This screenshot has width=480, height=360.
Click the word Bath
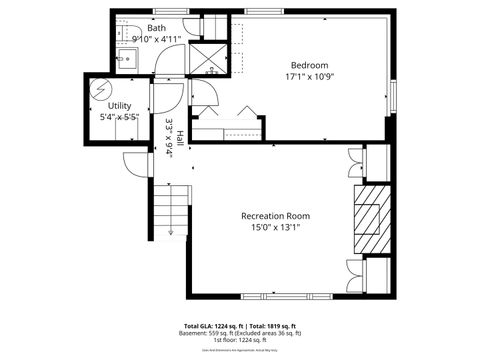click(x=157, y=28)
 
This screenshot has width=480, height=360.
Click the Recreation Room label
click(x=275, y=216)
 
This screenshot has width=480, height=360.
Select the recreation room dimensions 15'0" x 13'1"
click(x=275, y=229)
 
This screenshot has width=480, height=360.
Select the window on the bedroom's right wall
click(x=393, y=95)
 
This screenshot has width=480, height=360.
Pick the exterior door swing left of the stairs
click(x=131, y=163)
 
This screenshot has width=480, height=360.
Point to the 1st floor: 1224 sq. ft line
click(x=239, y=340)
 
